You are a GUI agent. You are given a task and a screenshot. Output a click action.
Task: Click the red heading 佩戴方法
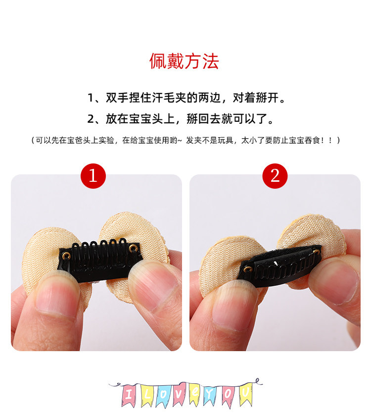pyautogui.click(x=184, y=61)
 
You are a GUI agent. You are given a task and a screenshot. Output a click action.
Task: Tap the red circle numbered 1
pyautogui.click(x=93, y=176)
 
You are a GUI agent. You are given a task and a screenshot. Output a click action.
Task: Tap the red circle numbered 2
pyautogui.click(x=275, y=176)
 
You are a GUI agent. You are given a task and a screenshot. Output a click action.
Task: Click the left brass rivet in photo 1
pyautogui.click(x=66, y=256)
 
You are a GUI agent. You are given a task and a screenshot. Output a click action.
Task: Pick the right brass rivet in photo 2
pyautogui.click(x=316, y=251)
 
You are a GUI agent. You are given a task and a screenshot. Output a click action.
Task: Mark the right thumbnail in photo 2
pyautogui.click(x=336, y=283)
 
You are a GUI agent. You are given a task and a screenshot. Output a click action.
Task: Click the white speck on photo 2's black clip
pyautogui.click(x=276, y=263)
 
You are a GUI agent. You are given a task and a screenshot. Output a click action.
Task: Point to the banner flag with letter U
pyautogui.click(x=245, y=393)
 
